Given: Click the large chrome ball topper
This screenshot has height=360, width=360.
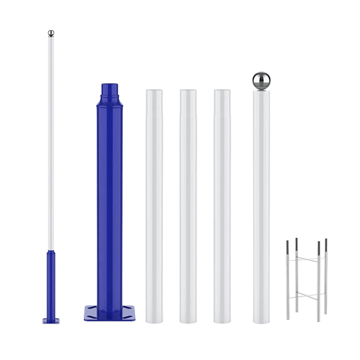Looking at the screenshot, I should (x=261, y=80).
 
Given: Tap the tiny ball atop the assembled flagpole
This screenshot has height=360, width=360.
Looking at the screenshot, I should (x=51, y=33).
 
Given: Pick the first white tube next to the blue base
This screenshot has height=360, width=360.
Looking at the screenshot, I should (x=154, y=203).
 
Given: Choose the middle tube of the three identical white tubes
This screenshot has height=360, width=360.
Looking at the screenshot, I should (x=188, y=203).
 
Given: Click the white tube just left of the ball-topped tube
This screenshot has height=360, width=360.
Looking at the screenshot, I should (x=222, y=203).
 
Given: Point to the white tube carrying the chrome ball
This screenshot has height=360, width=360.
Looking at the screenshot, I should (x=261, y=203).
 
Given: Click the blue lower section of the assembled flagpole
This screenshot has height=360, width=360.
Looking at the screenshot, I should (x=51, y=284).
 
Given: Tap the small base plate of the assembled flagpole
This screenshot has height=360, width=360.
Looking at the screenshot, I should (x=51, y=321).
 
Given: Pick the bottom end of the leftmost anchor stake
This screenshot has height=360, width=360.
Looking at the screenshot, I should (x=288, y=318).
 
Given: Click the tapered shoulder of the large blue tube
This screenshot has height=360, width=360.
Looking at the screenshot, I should (x=111, y=102).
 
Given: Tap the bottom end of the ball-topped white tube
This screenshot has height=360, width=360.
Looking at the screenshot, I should (x=261, y=319).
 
